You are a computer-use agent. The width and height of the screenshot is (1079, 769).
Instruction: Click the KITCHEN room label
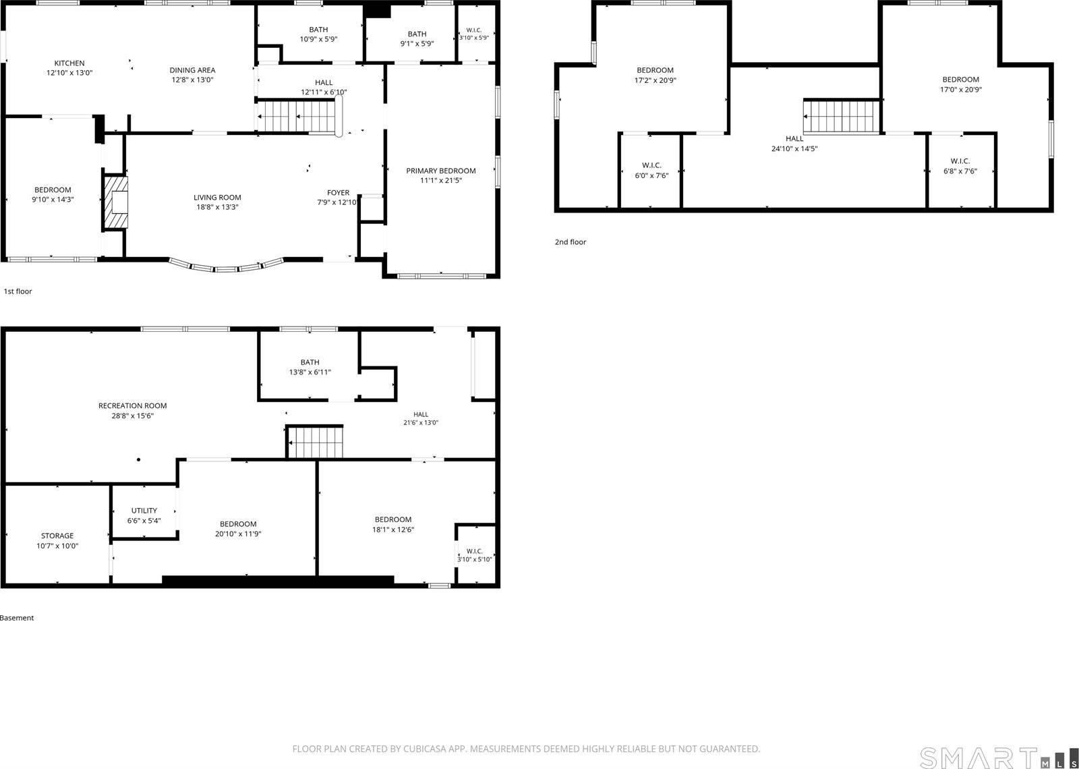(x=69, y=63)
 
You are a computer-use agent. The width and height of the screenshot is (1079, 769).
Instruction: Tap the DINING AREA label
(x=192, y=70)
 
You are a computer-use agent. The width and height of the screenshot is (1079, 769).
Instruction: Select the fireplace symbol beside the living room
(x=115, y=202)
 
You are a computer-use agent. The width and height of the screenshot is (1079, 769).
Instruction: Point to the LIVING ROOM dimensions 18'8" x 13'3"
(x=216, y=207)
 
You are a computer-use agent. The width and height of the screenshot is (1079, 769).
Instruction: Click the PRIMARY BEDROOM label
(x=441, y=171)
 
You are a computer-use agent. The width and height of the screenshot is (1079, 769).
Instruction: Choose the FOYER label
(x=338, y=193)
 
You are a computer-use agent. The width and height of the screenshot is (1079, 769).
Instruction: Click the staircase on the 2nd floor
(x=842, y=117)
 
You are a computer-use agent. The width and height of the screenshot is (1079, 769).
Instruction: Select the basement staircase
(x=314, y=442)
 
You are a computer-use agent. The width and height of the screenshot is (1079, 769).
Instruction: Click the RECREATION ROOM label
(x=132, y=405)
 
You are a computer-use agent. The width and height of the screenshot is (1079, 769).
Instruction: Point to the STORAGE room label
(x=57, y=536)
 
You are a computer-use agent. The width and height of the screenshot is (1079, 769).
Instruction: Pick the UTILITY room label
(x=144, y=511)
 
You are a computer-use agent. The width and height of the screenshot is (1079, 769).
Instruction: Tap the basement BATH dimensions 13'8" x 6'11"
(x=310, y=372)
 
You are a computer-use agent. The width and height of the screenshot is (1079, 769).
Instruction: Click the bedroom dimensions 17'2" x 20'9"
(x=655, y=80)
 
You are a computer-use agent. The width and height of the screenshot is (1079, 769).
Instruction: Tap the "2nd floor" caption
(x=571, y=242)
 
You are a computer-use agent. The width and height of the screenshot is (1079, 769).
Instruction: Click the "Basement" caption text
(x=17, y=618)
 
